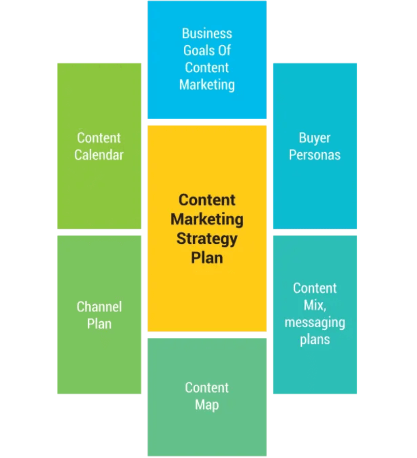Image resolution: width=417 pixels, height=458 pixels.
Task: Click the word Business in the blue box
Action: [207, 34]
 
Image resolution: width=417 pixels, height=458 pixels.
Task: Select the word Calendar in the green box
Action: [99, 155]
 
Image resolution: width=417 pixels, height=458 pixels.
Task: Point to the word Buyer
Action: [315, 138]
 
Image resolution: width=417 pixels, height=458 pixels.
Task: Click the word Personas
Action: [315, 155]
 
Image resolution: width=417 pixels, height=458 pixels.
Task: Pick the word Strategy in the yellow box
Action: [207, 238]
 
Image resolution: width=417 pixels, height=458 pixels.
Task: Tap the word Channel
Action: [99, 307]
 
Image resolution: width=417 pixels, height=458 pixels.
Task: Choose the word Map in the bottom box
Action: [207, 405]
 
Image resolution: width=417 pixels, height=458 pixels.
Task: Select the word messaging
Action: [315, 323]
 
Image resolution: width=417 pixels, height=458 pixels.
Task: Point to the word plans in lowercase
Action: [315, 339]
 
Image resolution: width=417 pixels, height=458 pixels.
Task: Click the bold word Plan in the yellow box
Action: [207, 257]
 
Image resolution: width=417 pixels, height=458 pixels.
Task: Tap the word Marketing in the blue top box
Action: [207, 84]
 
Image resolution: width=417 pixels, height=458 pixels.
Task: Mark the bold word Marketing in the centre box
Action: [207, 219]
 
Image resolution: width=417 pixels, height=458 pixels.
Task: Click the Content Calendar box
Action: [99, 193]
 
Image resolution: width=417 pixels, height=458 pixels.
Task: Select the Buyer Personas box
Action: [315, 193]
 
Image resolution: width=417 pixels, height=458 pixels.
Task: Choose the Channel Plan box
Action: [99, 356]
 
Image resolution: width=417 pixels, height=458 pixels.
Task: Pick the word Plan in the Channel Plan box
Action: [99, 324]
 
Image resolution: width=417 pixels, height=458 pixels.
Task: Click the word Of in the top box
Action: [224, 51]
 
